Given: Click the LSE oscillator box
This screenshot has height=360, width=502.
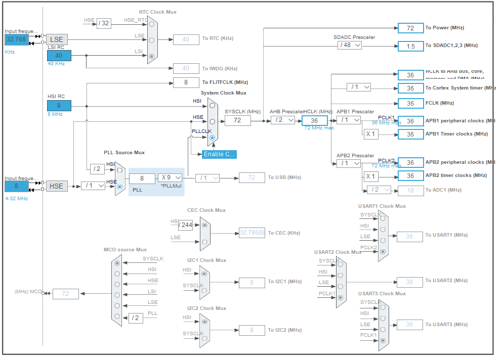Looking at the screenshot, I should (x=57, y=39).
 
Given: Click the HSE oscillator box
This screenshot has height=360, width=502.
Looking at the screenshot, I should (x=56, y=186).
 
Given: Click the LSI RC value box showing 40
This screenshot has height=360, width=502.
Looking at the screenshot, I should (x=59, y=56).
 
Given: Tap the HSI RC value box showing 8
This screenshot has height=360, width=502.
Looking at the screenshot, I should (x=59, y=106).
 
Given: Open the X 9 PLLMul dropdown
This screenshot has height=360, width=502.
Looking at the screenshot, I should (x=170, y=177).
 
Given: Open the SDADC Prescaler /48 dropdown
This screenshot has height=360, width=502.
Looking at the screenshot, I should (x=350, y=45).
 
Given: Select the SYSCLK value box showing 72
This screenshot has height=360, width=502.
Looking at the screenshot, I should (x=237, y=120).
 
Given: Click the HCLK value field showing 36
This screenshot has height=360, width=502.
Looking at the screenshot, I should (x=314, y=121).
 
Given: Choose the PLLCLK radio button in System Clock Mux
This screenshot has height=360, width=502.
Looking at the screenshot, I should (x=212, y=138).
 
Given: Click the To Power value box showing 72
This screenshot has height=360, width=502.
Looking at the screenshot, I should (x=410, y=28).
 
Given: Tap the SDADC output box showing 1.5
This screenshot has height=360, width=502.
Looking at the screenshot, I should (x=410, y=46).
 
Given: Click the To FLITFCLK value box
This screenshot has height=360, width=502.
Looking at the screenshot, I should (x=186, y=82).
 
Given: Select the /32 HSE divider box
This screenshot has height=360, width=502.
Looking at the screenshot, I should (x=104, y=23).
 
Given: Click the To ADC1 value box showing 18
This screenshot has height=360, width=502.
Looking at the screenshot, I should (x=410, y=190).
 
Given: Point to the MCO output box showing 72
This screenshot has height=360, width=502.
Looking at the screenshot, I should (x=65, y=294).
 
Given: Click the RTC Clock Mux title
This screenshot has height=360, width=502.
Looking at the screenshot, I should (x=158, y=12).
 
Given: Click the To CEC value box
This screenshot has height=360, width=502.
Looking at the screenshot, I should (x=252, y=233).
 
